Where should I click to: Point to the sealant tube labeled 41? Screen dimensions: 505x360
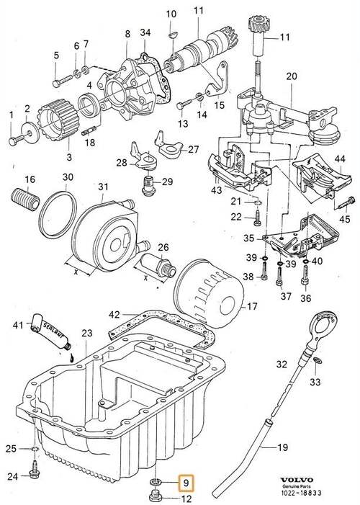coord(50,335)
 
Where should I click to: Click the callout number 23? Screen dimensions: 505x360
coord(86,333)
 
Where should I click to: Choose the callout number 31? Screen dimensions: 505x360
coord(102,187)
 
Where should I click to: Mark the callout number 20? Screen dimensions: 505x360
coord(292,76)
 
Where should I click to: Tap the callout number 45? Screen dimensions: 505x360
coord(345,220)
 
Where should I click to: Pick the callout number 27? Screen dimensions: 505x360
coord(193,150)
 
